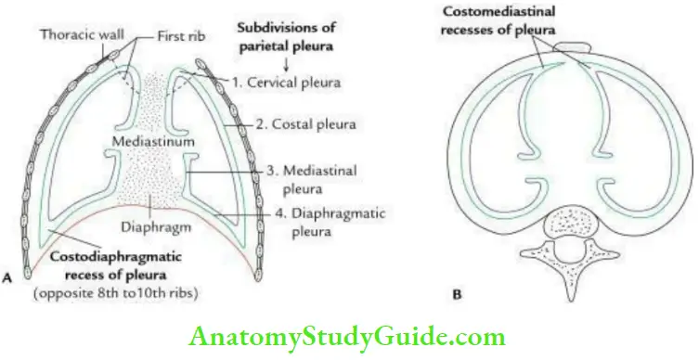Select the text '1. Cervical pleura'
287,82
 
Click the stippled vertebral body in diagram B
551,225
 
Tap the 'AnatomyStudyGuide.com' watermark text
348,335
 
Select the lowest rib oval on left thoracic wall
28,272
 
